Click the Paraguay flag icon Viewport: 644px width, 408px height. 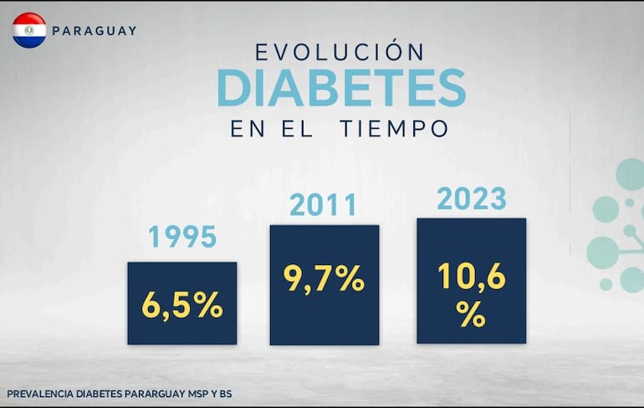pos(29,30)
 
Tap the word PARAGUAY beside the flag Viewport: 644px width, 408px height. pos(94,31)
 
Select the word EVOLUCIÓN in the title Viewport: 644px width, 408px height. pos(340,52)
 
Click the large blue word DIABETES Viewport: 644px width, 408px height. pos(341,87)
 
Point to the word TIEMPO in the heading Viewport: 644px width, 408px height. pos(394,130)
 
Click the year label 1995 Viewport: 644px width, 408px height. pos(182,237)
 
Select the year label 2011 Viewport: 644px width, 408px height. pos(324,205)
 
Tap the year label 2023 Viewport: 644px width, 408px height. pos(471,199)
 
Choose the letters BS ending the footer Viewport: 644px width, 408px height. pos(225,393)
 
